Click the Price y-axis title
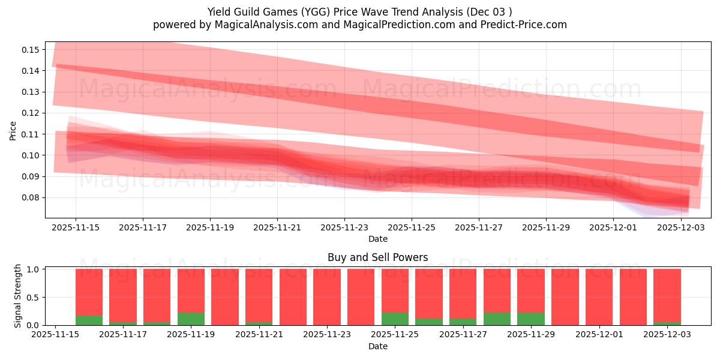(13, 130)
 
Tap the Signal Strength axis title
(18, 296)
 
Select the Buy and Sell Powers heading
(377, 257)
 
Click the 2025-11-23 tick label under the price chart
(344, 227)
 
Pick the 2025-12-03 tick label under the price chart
(680, 227)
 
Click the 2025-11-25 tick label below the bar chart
(395, 335)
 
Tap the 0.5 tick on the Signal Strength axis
(34, 297)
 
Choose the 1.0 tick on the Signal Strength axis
(34, 269)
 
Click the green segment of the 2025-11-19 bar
(191, 319)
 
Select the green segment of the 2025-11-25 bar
(395, 319)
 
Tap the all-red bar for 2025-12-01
(599, 297)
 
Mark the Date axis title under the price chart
(377, 239)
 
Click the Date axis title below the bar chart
(377, 346)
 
